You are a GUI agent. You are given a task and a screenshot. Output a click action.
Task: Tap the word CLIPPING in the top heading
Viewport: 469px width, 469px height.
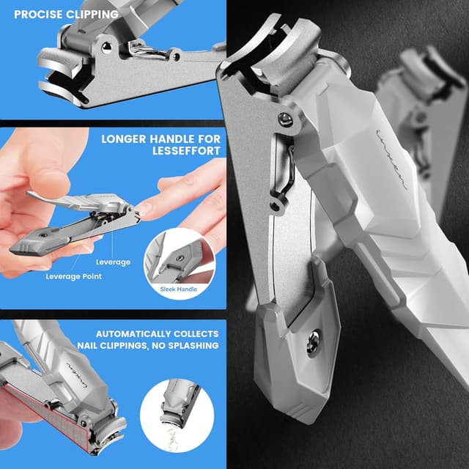(x=92, y=14)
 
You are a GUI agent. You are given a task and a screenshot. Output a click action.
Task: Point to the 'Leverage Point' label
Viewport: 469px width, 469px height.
(x=73, y=276)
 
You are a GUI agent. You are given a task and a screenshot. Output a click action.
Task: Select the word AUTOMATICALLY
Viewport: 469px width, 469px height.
(x=130, y=333)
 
